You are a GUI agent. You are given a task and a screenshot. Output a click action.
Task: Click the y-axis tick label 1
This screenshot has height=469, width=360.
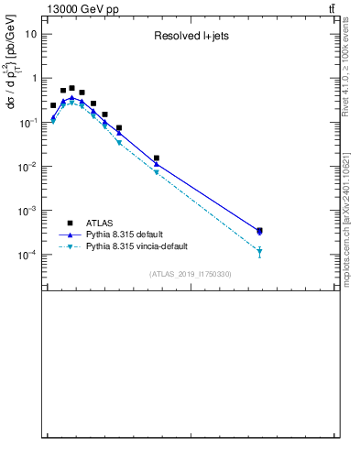pyautogui.click(x=34, y=78)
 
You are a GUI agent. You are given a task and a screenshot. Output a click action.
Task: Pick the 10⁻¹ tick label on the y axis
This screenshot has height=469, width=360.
pyautogui.click(x=29, y=122)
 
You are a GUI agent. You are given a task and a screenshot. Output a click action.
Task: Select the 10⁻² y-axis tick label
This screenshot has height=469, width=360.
pyautogui.click(x=29, y=166)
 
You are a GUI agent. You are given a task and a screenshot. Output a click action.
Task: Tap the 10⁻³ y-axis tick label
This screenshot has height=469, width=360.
pyautogui.click(x=29, y=210)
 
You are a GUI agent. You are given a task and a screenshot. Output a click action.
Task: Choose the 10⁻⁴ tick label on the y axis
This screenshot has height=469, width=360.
pyautogui.click(x=29, y=254)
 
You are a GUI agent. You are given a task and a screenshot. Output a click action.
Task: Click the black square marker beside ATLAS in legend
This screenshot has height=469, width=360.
pyautogui.click(x=69, y=223)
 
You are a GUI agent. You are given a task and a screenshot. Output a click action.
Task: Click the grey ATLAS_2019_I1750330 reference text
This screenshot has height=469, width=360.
pyautogui.click(x=191, y=274)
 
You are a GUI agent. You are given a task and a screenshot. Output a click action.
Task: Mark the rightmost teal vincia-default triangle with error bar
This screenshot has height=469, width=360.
pyautogui.click(x=260, y=251)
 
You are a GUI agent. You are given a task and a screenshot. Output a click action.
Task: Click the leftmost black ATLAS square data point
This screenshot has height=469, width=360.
pyautogui.click(x=53, y=105)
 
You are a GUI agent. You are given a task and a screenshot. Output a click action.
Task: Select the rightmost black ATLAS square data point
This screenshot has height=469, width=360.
pyautogui.click(x=260, y=231)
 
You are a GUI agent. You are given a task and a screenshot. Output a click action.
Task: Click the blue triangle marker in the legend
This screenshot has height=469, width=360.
pyautogui.click(x=69, y=234)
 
